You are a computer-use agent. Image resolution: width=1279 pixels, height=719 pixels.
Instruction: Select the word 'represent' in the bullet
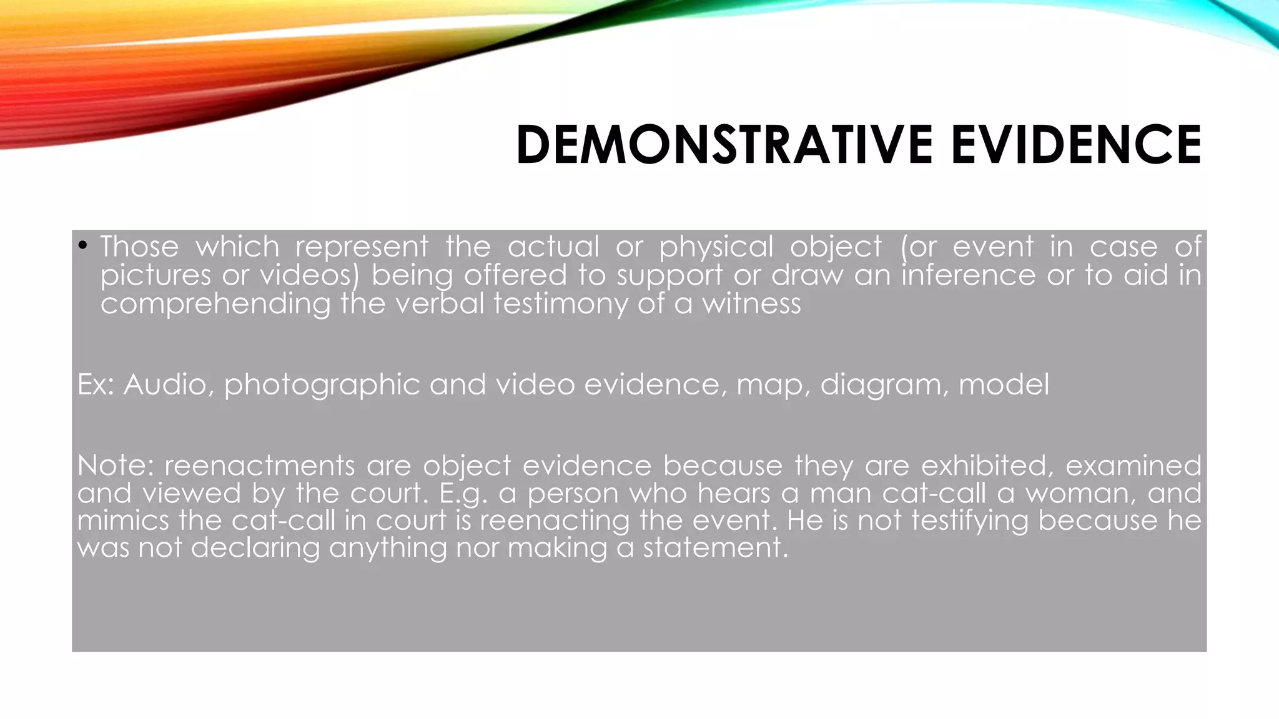[362, 247]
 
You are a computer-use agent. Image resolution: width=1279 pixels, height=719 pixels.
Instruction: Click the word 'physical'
[716, 247]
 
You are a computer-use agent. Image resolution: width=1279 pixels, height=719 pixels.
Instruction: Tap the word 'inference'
[968, 275]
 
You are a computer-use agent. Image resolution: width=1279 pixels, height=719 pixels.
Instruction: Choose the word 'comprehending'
[215, 305]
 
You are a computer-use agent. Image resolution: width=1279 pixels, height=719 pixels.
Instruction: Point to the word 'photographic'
[322, 385]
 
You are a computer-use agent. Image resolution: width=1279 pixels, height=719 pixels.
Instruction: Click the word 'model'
[1004, 384]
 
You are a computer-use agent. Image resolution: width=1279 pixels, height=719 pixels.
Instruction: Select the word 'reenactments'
[260, 466]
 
